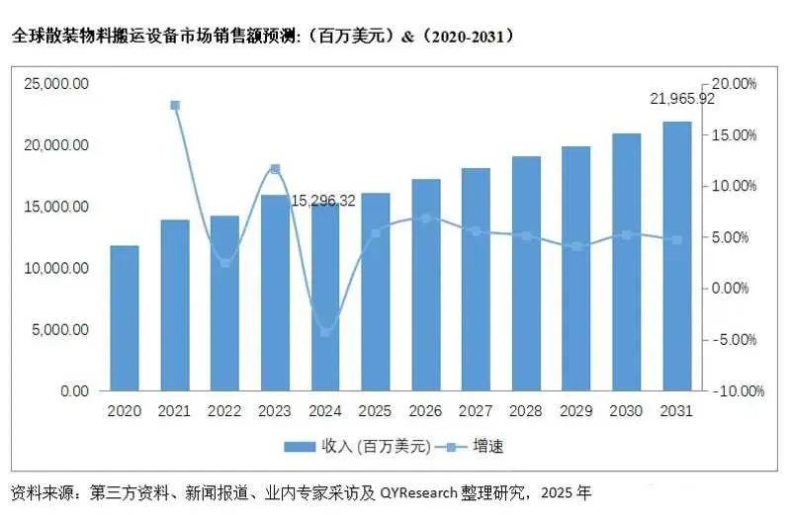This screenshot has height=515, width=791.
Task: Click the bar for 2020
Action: (125, 318)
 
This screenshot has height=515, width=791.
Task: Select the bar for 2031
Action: (677, 256)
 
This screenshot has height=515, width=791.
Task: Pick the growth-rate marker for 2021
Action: (175, 105)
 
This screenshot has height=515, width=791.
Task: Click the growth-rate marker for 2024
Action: (325, 332)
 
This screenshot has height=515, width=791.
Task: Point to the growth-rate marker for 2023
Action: (275, 169)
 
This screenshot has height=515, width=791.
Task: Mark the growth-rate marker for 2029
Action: (576, 246)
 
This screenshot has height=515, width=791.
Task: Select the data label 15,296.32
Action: (323, 201)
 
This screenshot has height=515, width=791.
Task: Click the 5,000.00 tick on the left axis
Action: (59, 329)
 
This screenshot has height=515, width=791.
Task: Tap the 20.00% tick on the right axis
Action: (735, 84)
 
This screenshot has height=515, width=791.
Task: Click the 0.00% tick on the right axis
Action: (737, 289)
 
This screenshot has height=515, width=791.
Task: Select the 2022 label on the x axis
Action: (224, 410)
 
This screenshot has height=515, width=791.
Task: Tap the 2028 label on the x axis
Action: (526, 410)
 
